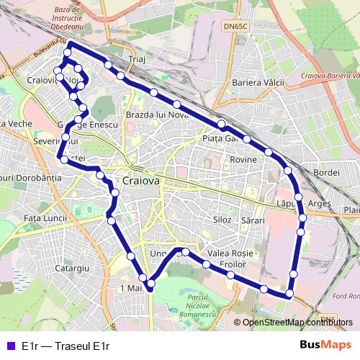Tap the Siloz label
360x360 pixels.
[x=222, y=219]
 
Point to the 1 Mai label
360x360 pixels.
[x=132, y=287]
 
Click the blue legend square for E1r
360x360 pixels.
[x=9, y=346]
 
